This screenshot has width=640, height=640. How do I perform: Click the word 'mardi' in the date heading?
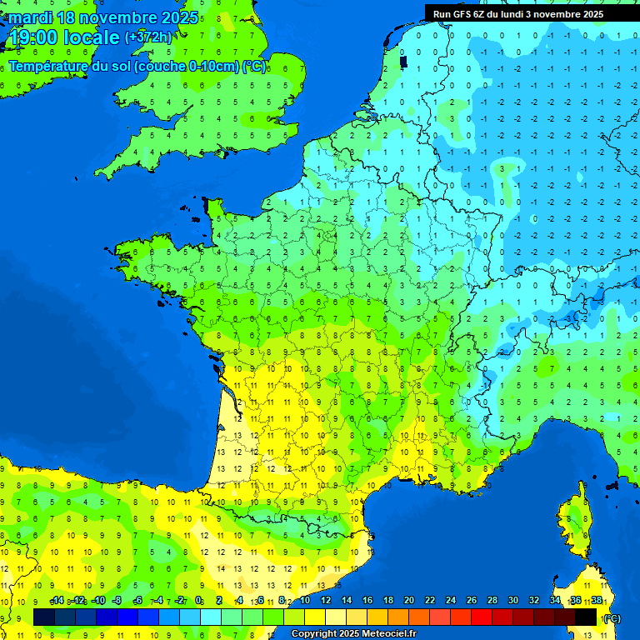coord(30,17)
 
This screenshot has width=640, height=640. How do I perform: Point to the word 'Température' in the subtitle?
coord(47,67)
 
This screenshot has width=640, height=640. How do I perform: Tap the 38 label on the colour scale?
coord(597,600)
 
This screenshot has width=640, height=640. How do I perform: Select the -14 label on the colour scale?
coord(57,600)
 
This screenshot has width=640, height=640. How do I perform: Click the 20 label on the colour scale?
coord(409,600)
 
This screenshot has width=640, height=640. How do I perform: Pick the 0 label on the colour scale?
coord(198,600)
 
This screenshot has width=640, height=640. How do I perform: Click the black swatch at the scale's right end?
coord(586,617)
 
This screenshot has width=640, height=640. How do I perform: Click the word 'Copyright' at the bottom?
coord(313,634)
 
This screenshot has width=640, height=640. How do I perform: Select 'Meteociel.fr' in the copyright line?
coord(389,634)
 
